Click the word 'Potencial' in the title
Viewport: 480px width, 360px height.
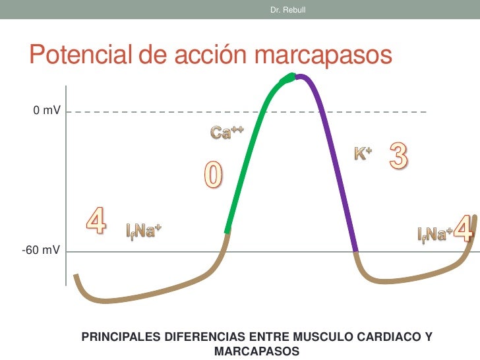pyautogui.click(x=80, y=55)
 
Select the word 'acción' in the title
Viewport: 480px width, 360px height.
pyautogui.click(x=210, y=55)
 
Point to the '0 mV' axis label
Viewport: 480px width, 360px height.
pyautogui.click(x=47, y=112)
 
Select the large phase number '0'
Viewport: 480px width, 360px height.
pyautogui.click(x=212, y=176)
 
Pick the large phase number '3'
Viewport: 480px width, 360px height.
pyautogui.click(x=398, y=156)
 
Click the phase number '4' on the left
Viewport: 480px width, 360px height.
pyautogui.click(x=96, y=221)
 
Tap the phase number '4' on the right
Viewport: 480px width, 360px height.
pyautogui.click(x=464, y=229)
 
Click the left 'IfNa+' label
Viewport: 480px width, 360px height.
pyautogui.click(x=144, y=231)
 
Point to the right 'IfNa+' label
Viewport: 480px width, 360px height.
pyautogui.click(x=435, y=233)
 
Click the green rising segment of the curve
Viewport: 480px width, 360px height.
pyautogui.click(x=251, y=152)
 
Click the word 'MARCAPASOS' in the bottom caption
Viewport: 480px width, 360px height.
pyautogui.click(x=256, y=351)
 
